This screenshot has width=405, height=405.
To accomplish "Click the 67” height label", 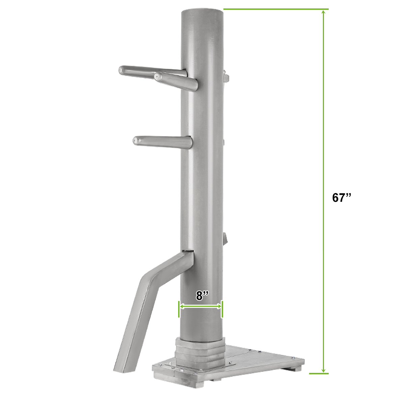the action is pyautogui.click(x=342, y=197).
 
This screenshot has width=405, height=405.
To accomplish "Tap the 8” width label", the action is pyautogui.click(x=202, y=295).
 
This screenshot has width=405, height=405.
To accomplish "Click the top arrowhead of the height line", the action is pyautogui.click(x=324, y=12).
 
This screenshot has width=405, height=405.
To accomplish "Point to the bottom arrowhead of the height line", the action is pyautogui.click(x=324, y=370).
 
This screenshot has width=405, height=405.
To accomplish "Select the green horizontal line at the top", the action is pyautogui.click(x=276, y=9).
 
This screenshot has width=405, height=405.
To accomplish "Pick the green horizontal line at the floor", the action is pyautogui.click(x=319, y=374).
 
